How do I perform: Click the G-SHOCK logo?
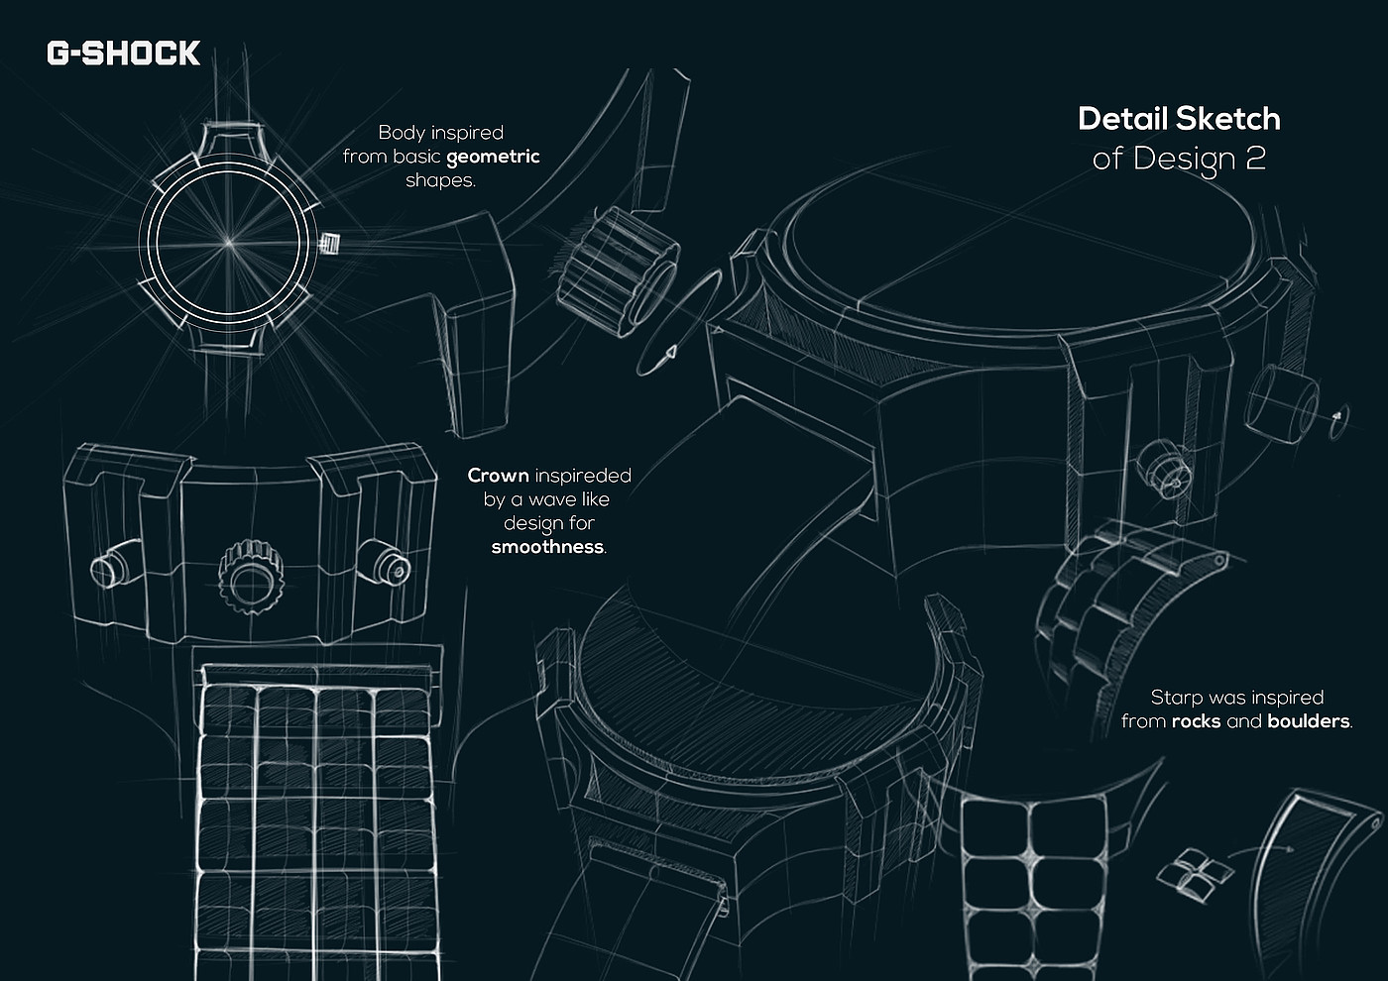click(123, 54)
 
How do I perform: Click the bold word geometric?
click(493, 158)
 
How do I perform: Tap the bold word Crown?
click(498, 476)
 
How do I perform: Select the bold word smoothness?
click(547, 547)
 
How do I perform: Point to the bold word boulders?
click(1308, 721)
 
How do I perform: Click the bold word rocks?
click(1196, 721)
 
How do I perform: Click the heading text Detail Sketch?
click(1179, 118)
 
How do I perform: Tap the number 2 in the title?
click(1254, 158)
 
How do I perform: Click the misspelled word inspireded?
click(583, 477)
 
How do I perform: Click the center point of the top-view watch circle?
click(229, 242)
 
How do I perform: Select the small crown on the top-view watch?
click(329, 244)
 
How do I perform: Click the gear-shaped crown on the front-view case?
click(252, 577)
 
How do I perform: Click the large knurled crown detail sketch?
click(617, 272)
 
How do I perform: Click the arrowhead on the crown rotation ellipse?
click(670, 353)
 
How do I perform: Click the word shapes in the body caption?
click(440, 180)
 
